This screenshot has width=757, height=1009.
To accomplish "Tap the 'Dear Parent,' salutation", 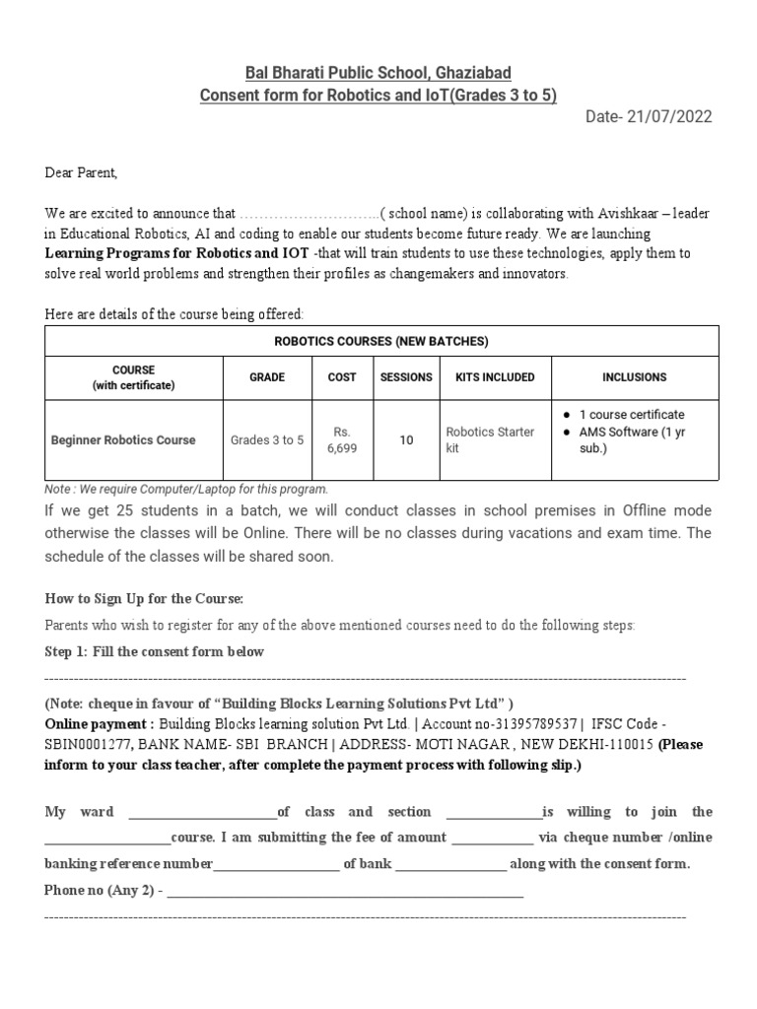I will (81, 173).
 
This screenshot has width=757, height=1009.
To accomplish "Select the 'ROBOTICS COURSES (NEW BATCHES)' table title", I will (381, 342).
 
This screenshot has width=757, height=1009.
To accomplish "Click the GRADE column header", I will (267, 377).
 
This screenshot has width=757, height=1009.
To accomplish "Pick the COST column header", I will (341, 377).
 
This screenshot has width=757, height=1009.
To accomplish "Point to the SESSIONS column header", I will (406, 377).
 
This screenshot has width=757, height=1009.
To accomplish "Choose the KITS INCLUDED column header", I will (495, 377).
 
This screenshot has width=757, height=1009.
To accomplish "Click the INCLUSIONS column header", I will (634, 377).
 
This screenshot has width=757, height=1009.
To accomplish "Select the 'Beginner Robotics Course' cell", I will (123, 440).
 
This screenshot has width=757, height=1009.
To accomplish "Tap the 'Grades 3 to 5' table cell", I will (267, 440).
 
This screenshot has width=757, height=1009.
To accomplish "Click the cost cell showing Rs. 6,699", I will (341, 440).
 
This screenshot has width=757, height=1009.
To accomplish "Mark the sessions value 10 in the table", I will (406, 440).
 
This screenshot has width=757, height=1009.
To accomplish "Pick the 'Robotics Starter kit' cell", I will (490, 440).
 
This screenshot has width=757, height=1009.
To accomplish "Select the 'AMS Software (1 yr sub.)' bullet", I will (631, 440).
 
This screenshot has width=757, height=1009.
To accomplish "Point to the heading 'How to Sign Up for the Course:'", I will (144, 599).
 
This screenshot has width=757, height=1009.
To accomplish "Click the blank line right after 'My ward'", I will (203, 813).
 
